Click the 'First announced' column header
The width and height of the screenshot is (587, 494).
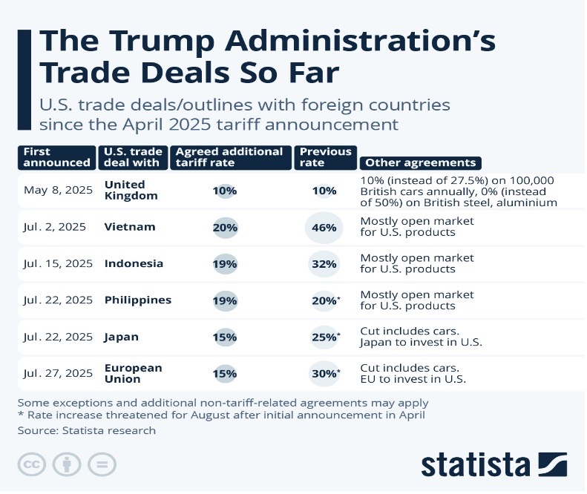pyautogui.click(x=56, y=157)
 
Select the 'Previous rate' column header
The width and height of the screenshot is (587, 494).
pyautogui.click(x=324, y=157)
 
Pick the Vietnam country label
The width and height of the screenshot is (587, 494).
pyautogui.click(x=131, y=227)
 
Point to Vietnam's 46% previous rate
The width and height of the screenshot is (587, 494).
pyautogui.click(x=324, y=227)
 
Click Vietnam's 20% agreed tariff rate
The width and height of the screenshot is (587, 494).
pyautogui.click(x=224, y=227)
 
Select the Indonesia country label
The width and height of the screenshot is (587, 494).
pyautogui.click(x=134, y=263)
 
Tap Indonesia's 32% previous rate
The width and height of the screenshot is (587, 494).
pyautogui.click(x=324, y=263)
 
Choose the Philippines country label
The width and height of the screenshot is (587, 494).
pyautogui.click(x=138, y=300)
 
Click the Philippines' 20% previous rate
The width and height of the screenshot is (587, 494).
pyautogui.click(x=324, y=300)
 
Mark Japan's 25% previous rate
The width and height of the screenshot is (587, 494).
pyautogui.click(x=324, y=337)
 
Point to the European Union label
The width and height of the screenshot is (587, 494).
pyautogui.click(x=134, y=373)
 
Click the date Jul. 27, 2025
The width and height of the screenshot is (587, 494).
pyautogui.click(x=58, y=374)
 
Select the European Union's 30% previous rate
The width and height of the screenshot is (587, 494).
pyautogui.click(x=324, y=374)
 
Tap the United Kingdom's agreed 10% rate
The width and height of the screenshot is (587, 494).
pyautogui.click(x=224, y=191)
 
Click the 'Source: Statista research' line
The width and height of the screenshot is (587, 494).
pyautogui.click(x=87, y=430)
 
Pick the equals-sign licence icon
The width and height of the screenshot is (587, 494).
pyautogui.click(x=101, y=465)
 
